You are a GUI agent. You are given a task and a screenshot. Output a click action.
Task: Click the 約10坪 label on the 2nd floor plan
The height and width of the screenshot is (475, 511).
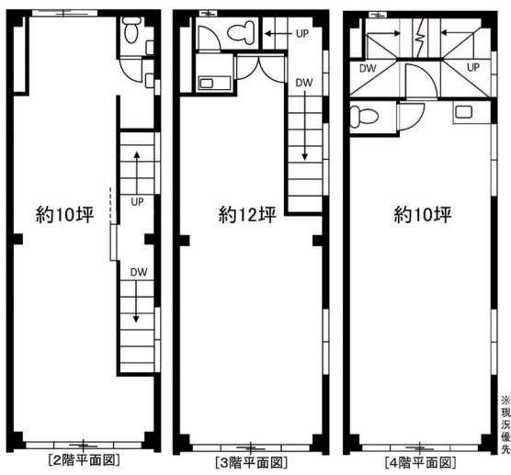[x=65, y=214]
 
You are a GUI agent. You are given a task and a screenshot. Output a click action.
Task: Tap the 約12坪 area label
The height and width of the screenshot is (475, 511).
[x=247, y=214]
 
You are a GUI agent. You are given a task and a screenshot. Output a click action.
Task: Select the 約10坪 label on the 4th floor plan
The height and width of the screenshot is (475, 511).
[x=423, y=214]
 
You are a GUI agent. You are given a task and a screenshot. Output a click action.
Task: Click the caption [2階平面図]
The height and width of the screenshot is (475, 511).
[x=84, y=460]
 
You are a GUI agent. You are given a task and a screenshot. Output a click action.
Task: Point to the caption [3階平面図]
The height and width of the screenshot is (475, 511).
[x=251, y=462]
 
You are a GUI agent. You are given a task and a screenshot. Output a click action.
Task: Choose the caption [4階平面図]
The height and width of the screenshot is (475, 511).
[x=420, y=462]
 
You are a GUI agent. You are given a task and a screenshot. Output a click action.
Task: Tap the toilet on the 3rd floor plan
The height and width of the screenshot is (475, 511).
[x=241, y=32]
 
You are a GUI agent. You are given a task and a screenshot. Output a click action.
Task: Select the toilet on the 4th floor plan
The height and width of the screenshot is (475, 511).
[x=363, y=117]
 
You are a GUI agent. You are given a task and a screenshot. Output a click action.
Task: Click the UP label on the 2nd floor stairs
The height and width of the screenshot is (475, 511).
[x=137, y=202]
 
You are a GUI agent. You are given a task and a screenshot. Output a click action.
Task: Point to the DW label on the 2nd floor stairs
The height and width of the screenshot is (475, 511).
[x=139, y=272]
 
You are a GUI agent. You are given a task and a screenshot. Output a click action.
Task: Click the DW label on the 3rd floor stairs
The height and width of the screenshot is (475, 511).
[x=304, y=83]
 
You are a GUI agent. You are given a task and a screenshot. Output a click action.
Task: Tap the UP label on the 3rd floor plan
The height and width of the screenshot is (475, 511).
[x=302, y=34]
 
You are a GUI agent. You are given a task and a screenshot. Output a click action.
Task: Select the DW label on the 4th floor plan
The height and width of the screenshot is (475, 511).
[x=368, y=68]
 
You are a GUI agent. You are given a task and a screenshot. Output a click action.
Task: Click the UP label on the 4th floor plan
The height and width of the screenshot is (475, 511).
[x=473, y=67]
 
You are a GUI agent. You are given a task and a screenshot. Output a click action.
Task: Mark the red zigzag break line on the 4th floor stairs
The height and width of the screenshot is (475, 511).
[x=420, y=38]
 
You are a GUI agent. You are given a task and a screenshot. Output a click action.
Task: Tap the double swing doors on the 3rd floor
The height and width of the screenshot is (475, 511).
[x=260, y=68]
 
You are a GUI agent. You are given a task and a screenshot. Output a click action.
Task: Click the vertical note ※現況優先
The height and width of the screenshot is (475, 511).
[x=505, y=424]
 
